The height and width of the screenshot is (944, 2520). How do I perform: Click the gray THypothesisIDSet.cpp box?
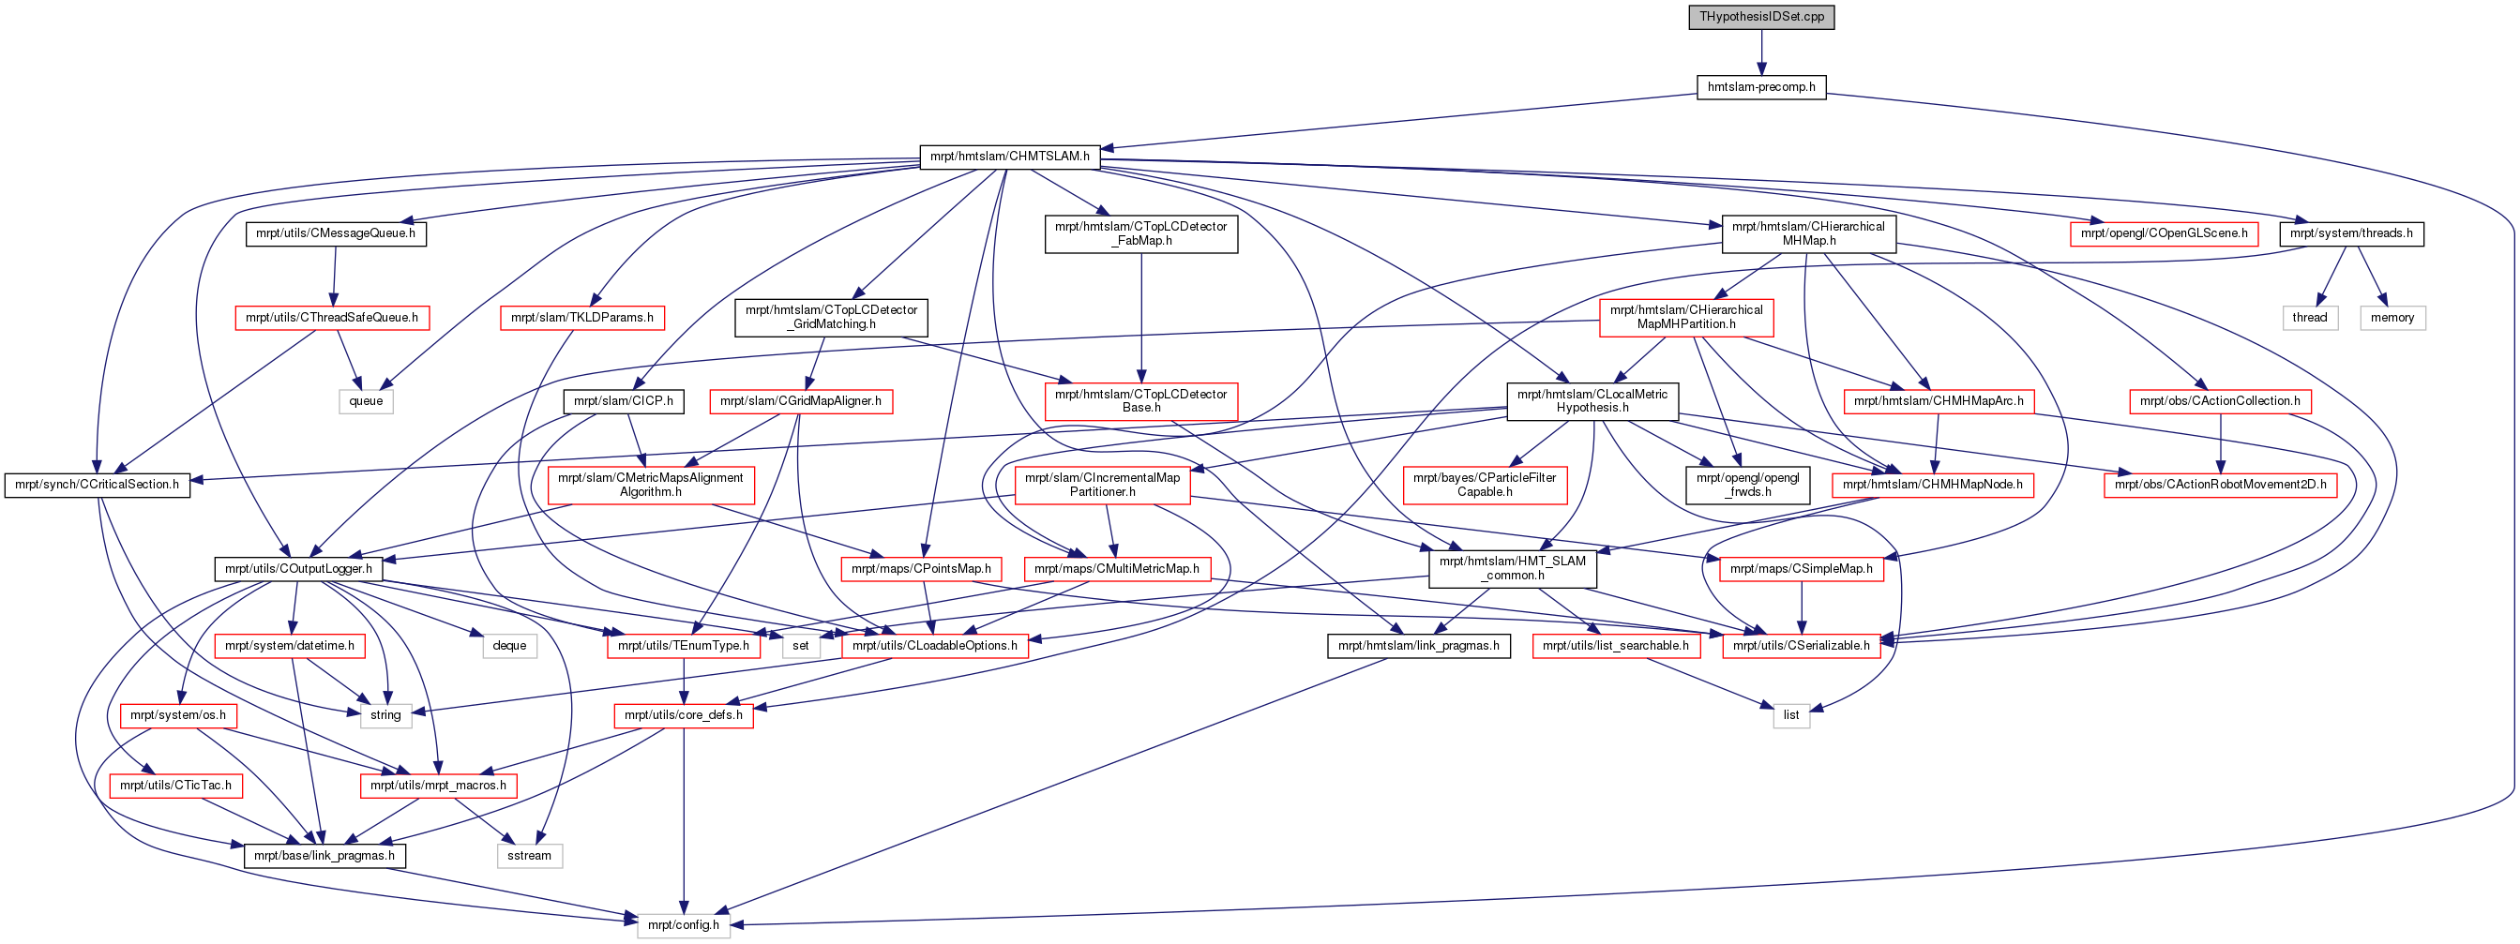[1761, 18]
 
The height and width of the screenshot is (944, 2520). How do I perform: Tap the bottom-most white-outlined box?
[684, 925]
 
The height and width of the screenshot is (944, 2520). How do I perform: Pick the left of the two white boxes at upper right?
[2310, 318]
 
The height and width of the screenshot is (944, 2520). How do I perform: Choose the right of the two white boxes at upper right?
[2392, 318]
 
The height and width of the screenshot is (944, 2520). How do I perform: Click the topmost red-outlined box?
[2163, 234]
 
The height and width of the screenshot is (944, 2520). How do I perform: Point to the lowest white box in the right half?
[1791, 716]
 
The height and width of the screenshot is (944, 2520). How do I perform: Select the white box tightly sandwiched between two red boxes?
[801, 646]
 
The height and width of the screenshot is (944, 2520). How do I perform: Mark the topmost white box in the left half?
[366, 401]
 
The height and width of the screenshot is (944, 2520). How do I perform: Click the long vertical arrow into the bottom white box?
[683, 822]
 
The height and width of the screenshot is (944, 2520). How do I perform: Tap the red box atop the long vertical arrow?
[683, 716]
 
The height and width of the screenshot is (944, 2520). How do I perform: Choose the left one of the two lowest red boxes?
[176, 786]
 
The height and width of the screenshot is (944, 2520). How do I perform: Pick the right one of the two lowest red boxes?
[438, 786]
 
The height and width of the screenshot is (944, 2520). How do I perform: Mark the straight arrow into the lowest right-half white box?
[1712, 682]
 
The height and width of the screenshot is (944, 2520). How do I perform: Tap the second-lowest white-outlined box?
[530, 856]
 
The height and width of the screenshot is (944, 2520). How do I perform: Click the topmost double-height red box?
[1685, 318]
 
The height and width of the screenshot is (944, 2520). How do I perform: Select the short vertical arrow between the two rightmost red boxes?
[2220, 444]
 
